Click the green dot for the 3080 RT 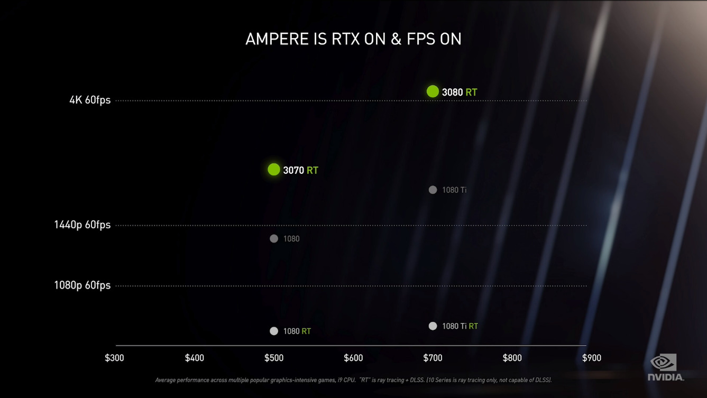pos(433,91)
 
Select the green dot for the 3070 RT pos(273,169)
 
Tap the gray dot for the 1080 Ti pos(433,190)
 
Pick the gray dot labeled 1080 pos(273,238)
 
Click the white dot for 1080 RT pos(273,331)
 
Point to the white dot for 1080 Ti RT pos(433,326)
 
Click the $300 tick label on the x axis pos(114,358)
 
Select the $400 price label pos(194,358)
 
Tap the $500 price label pos(273,358)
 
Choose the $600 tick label pos(353,358)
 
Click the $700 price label pos(433,358)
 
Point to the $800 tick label pos(512,358)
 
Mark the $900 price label pos(591,358)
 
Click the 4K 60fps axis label pos(90,100)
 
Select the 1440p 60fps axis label pos(82,225)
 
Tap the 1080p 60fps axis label pos(82,285)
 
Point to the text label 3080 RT pos(460,92)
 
